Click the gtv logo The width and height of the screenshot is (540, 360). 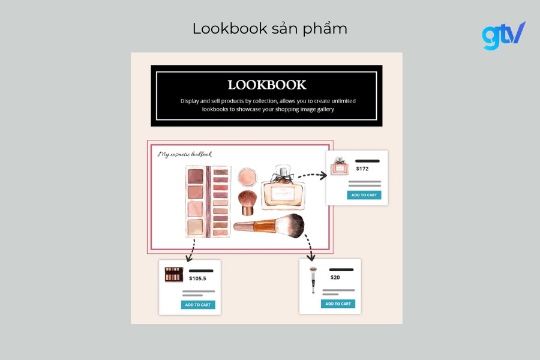coord(503,35)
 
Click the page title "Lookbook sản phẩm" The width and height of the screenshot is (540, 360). coord(269,28)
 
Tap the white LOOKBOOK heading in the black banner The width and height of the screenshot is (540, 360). coord(266,85)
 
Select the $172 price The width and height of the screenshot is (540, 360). coord(362,169)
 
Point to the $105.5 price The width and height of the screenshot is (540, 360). coord(197,278)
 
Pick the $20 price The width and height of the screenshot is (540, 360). coord(335,277)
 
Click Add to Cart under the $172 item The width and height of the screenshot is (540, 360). coord(364,195)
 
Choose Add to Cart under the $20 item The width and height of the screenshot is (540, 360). coord(338,304)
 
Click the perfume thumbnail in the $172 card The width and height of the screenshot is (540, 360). coord(340,166)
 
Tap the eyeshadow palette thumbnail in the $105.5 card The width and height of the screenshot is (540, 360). coord(173,275)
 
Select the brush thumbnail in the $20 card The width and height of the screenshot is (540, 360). coord(313,280)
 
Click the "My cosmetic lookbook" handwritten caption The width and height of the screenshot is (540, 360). coord(185,154)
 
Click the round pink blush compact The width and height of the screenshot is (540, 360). coord(247,176)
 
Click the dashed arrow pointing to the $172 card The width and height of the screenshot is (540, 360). coord(312,175)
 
